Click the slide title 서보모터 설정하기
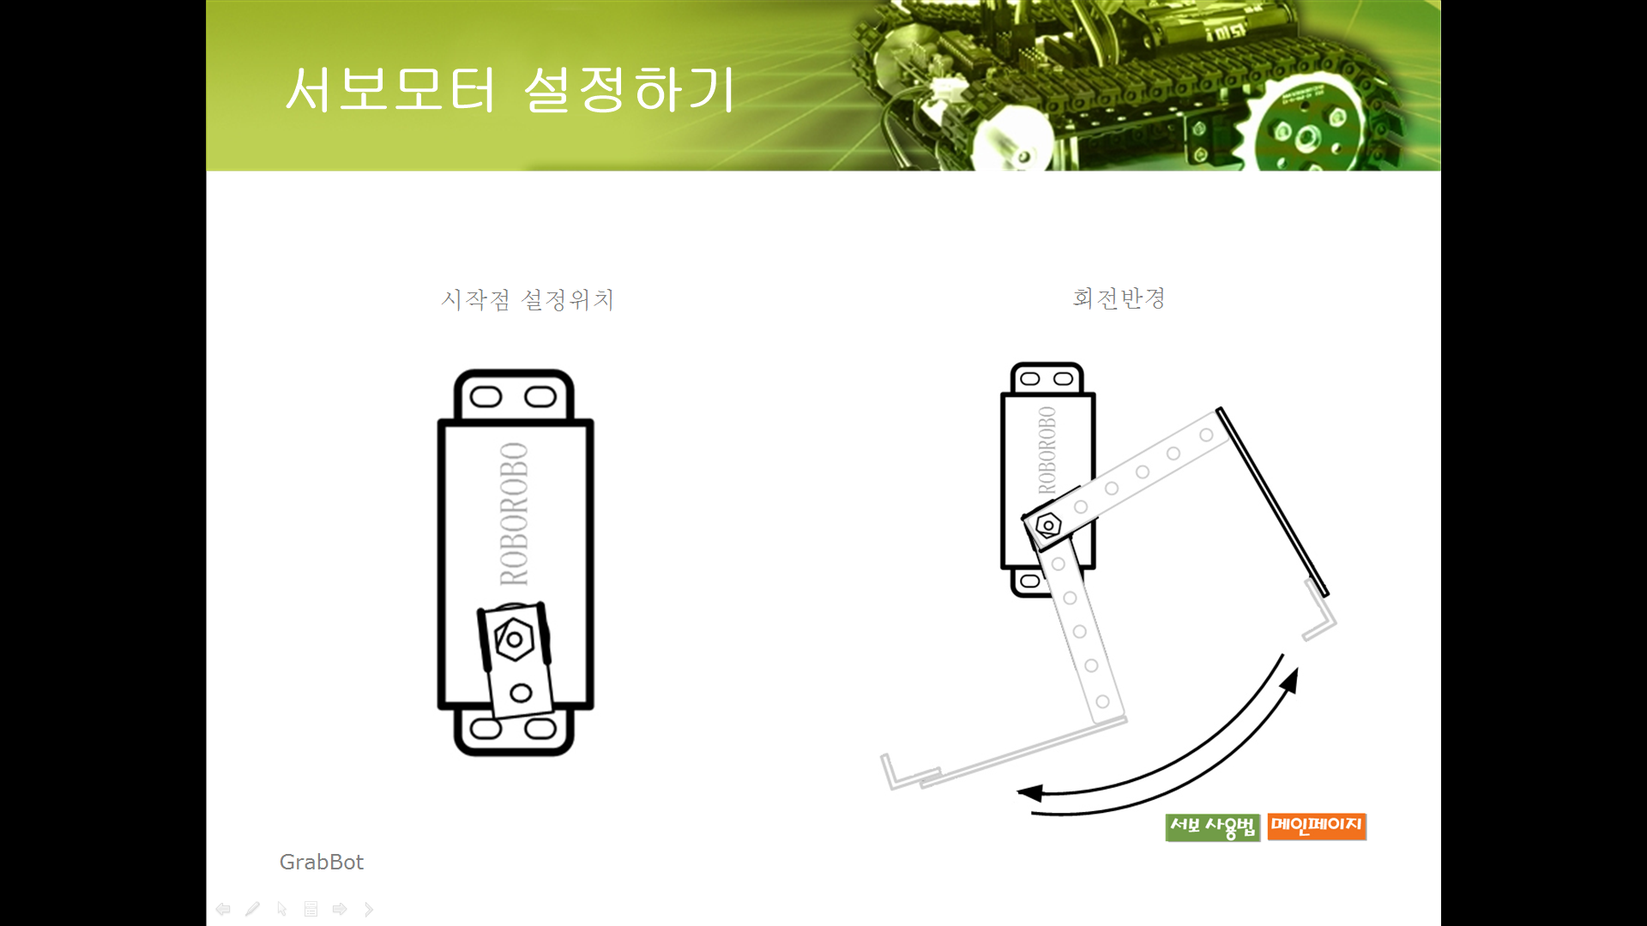pos(510,89)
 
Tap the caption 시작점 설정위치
pos(528,299)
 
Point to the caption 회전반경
pos(1119,298)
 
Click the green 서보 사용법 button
pos(1213,827)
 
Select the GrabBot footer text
pos(322,862)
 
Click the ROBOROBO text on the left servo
pos(514,514)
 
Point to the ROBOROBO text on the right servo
pos(1047,450)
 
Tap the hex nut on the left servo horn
pos(514,639)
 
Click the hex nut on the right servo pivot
pos(1048,525)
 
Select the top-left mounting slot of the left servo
pos(486,397)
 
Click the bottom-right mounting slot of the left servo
pos(540,730)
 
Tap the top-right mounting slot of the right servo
pos(1063,379)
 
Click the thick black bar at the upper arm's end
pos(1272,502)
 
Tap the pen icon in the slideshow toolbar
pos(252,909)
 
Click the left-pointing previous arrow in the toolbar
pos(223,909)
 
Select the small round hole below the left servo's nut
pos(521,693)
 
